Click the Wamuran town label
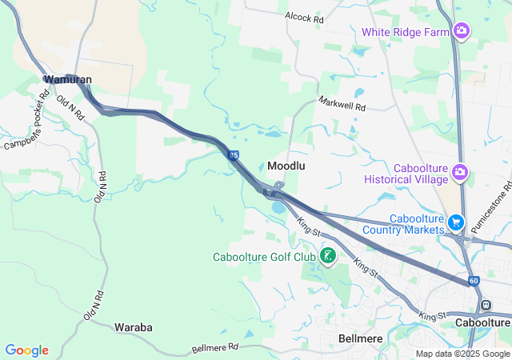(68, 80)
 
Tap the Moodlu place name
(287, 166)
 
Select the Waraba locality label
(134, 327)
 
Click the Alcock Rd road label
(304, 16)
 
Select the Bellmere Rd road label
(215, 348)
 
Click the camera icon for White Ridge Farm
(461, 31)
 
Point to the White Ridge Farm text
(406, 32)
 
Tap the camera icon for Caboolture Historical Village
(459, 171)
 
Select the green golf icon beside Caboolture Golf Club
(327, 256)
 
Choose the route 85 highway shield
(232, 155)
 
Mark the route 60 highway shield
(474, 281)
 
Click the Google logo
(26, 350)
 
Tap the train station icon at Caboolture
(486, 305)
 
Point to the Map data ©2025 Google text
(462, 354)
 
